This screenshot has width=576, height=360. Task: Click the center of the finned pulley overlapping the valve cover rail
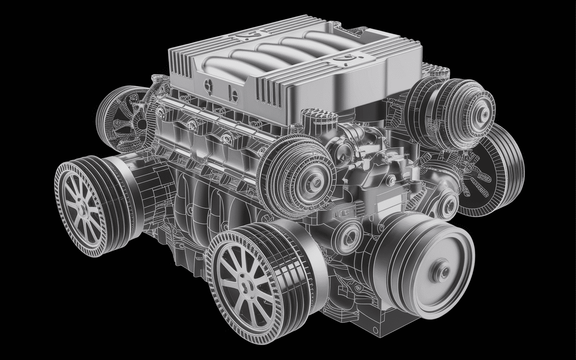314,181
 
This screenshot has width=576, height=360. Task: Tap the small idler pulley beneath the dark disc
449,202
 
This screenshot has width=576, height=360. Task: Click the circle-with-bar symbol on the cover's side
233,94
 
